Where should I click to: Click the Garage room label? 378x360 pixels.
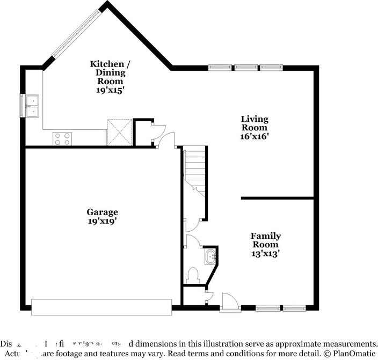coord(102,212)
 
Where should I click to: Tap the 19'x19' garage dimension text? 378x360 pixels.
coord(102,221)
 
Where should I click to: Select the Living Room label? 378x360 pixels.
coord(254,123)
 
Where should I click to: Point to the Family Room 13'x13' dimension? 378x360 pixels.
coord(265,253)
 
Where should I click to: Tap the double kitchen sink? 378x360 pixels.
coord(30,105)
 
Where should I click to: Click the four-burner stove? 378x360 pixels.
coord(61,138)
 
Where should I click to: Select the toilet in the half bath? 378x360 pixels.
coord(192,275)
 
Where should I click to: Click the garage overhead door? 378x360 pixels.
coord(101,307)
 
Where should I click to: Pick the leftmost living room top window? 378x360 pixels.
coord(220,68)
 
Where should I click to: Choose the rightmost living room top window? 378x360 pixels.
coord(271,68)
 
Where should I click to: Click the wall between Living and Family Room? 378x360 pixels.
coord(278,197)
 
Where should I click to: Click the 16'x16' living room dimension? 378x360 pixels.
coord(254,136)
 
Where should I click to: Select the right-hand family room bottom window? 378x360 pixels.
coord(294,308)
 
